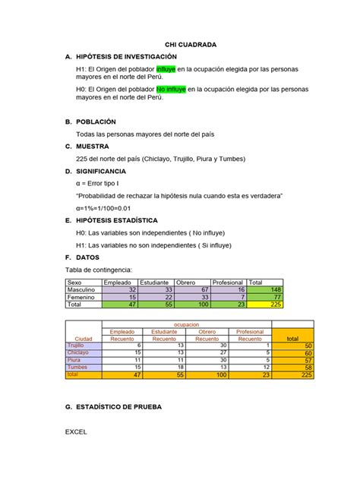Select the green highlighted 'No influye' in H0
tap(172, 89)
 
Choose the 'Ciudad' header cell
tap(84, 339)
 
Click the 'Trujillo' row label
tap(77, 346)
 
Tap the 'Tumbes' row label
tap(77, 368)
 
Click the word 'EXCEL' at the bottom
tap(76, 432)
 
